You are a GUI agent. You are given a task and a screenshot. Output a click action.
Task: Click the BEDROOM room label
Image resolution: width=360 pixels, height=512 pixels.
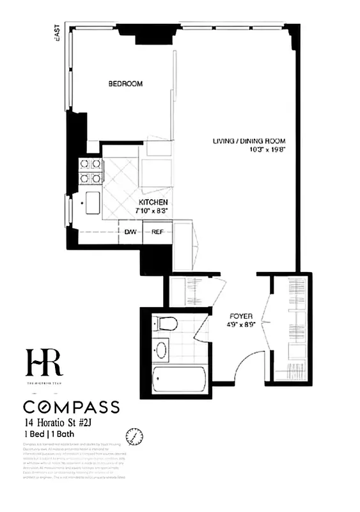pos(125,84)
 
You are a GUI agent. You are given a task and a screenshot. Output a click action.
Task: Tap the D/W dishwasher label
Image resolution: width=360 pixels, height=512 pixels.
pos(130,232)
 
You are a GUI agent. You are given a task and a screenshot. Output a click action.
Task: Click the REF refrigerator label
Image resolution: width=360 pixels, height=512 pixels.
pos(158,232)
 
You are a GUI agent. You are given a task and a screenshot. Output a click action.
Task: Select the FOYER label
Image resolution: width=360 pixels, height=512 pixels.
pos(242,316)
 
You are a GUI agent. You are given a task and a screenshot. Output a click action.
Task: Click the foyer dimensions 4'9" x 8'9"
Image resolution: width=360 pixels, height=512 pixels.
pos(242,324)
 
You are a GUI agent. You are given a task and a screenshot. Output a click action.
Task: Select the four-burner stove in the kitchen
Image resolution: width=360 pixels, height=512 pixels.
pos(90,170)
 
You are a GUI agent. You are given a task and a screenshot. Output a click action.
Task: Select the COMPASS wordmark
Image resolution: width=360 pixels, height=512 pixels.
pos(71,407)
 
